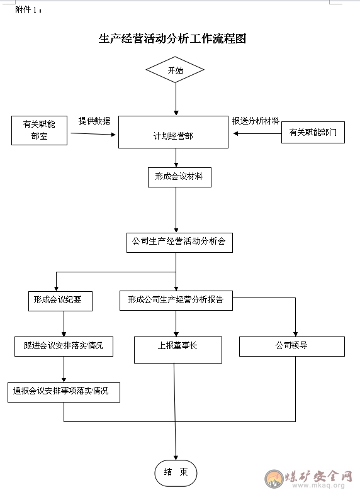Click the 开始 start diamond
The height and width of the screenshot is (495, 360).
click(x=175, y=70)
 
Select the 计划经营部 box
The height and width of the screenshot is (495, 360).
click(x=173, y=132)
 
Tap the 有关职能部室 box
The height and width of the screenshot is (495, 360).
click(x=39, y=130)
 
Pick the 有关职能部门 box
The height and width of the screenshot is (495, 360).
click(x=313, y=132)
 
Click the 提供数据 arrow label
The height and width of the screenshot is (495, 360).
click(x=94, y=121)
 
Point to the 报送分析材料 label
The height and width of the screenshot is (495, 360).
click(x=256, y=121)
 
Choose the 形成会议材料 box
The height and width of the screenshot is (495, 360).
click(x=179, y=177)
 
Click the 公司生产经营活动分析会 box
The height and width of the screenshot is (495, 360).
click(x=179, y=243)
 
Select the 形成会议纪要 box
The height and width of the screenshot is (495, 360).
click(x=60, y=301)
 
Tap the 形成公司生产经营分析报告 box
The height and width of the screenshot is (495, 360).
click(x=176, y=301)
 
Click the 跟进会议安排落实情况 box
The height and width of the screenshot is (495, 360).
click(x=64, y=347)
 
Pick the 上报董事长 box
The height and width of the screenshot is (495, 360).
click(x=178, y=350)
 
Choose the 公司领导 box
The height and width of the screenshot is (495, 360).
click(x=292, y=347)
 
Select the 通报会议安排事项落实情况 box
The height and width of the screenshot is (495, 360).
click(x=64, y=392)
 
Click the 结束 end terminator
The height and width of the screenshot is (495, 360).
click(x=176, y=473)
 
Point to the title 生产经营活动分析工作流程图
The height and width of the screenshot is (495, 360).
click(x=172, y=38)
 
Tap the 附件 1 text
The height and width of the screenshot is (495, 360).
click(x=28, y=10)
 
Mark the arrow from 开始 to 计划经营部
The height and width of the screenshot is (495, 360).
click(x=176, y=99)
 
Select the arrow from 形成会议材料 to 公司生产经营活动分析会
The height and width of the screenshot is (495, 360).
click(x=176, y=210)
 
